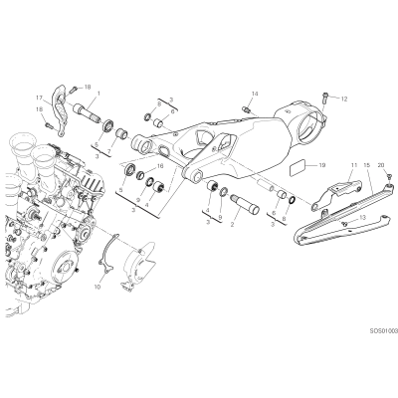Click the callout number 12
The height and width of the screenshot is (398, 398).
[x=344, y=99]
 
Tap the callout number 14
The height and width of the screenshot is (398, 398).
[x=254, y=94]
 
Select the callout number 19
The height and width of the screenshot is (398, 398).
[x=321, y=165]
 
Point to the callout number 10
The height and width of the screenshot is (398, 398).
[x=98, y=287]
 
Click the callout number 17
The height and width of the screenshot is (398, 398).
[x=40, y=98]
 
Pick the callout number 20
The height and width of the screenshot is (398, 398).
[x=381, y=165]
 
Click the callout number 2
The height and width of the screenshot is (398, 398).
[x=232, y=225]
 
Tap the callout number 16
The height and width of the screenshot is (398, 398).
[x=160, y=166]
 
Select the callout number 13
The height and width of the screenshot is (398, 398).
[x=362, y=217]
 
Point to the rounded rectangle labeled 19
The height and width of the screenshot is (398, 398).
[x=298, y=169]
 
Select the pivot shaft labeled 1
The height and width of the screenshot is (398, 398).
[x=87, y=113]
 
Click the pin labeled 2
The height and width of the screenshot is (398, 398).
[x=245, y=205]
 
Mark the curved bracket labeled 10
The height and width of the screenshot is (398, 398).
[x=107, y=253]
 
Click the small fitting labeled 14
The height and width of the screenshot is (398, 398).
[x=246, y=108]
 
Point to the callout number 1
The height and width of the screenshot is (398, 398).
[x=99, y=95]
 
